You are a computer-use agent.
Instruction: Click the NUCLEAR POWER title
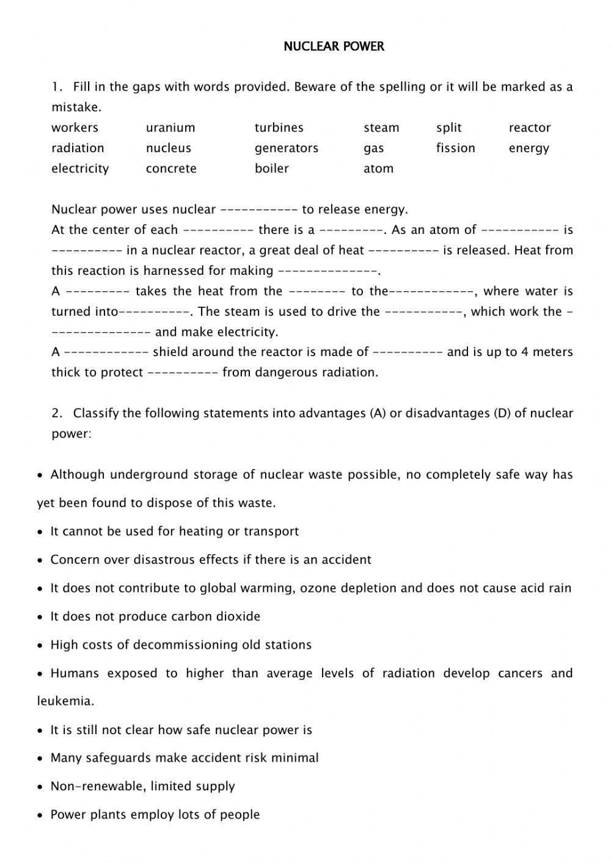(x=334, y=46)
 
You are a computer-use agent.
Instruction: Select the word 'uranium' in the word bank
(x=170, y=128)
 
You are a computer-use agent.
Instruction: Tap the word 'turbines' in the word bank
(x=279, y=128)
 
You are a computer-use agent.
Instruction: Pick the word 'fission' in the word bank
(x=455, y=148)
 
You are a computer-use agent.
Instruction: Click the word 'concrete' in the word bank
(x=171, y=169)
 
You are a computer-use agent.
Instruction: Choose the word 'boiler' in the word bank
(x=271, y=169)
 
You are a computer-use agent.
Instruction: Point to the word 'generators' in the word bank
(x=287, y=148)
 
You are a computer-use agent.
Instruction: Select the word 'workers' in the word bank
(x=75, y=128)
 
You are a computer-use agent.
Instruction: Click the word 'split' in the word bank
(x=448, y=128)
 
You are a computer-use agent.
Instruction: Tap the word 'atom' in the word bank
(x=378, y=169)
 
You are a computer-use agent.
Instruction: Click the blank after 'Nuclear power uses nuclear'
(x=258, y=209)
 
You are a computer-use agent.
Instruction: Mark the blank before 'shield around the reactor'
(x=106, y=352)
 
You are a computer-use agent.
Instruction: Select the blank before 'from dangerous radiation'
(x=183, y=372)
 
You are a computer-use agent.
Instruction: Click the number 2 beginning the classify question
(x=56, y=413)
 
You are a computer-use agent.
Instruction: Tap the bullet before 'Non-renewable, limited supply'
(x=40, y=787)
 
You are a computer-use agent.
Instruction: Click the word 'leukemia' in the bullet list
(x=65, y=701)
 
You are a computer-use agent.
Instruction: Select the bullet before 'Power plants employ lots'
(x=40, y=815)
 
